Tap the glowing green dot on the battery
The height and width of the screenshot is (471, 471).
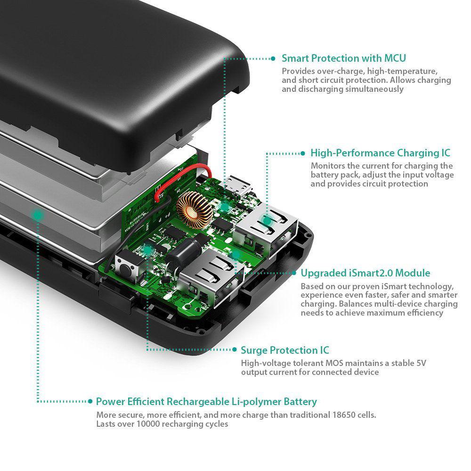pos(37,215)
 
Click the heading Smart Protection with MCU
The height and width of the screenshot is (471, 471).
pos(343,58)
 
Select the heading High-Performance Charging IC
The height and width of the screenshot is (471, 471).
pos(380,153)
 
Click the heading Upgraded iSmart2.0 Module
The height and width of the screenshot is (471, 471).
pos(365,273)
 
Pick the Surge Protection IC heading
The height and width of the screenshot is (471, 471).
pos(285,350)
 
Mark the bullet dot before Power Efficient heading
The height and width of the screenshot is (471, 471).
pos(90,402)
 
